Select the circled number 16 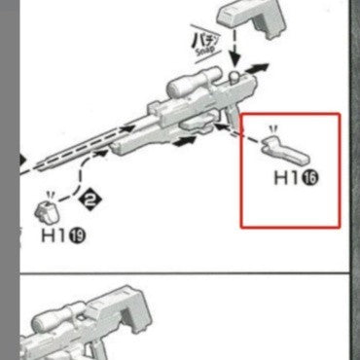pos(311,179)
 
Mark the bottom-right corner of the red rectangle pos(340,228)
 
